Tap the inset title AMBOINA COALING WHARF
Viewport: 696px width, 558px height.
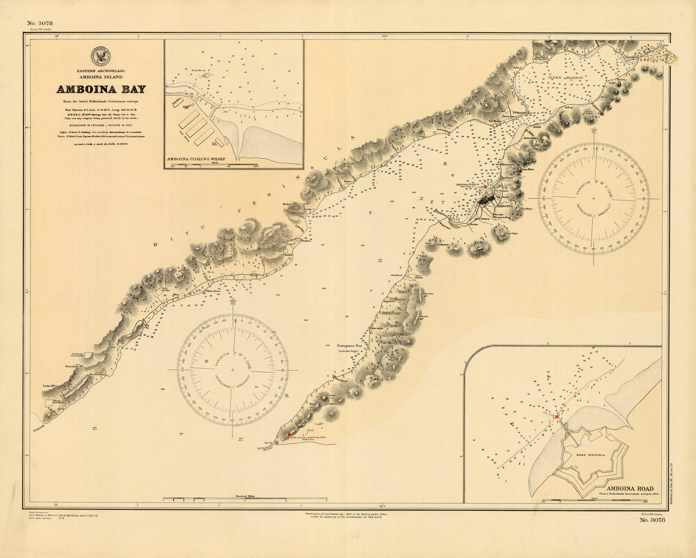pyautogui.click(x=196, y=159)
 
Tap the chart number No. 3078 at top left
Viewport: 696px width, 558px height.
pyautogui.click(x=40, y=23)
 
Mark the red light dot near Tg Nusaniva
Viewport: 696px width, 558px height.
pyautogui.click(x=289, y=434)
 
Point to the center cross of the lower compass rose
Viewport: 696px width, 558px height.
pyautogui.click(x=232, y=370)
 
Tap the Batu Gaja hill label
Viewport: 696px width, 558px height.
pyautogui.click(x=511, y=233)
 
